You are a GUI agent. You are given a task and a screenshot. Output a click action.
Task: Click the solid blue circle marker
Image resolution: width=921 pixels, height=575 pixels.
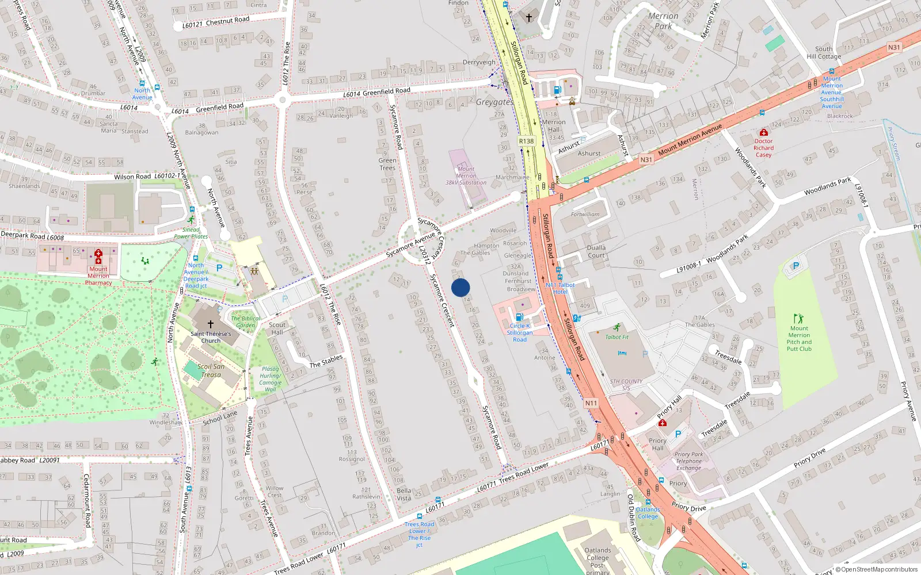[461, 287]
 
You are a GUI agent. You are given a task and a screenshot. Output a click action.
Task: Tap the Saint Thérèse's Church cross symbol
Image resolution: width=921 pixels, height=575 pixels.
[211, 324]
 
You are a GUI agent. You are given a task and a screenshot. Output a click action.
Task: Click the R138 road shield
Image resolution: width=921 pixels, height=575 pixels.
[526, 141]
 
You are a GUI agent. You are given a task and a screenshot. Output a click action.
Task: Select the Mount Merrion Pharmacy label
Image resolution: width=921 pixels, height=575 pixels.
[98, 275]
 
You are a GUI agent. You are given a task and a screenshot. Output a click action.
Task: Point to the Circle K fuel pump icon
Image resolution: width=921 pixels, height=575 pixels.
[519, 317]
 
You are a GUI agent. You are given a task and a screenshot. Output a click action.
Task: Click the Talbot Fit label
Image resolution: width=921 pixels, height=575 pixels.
[617, 337]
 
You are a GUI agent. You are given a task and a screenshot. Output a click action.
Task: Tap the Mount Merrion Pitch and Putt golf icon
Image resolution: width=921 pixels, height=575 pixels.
[798, 319]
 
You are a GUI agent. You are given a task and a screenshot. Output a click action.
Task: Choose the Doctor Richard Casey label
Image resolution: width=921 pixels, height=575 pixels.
[764, 148]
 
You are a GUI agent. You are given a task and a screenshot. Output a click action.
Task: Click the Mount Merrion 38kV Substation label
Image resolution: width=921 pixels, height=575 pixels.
[466, 176]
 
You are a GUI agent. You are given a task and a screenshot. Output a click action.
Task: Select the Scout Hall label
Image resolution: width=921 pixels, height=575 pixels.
[277, 328]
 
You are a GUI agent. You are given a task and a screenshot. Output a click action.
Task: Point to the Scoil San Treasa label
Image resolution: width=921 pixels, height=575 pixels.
[211, 370]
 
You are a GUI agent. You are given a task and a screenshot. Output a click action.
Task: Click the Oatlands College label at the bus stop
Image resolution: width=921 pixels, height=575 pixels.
[648, 513]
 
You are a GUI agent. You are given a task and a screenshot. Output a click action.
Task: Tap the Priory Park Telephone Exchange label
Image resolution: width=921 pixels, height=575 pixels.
[689, 461]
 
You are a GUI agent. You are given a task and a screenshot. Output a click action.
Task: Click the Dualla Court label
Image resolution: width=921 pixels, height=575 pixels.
[596, 251]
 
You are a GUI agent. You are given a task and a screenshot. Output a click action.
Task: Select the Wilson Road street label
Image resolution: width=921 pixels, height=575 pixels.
[132, 177]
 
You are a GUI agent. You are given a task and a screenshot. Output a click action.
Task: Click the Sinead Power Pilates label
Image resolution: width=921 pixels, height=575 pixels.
[191, 233]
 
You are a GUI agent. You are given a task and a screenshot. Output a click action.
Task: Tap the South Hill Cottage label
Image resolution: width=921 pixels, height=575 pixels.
[824, 52]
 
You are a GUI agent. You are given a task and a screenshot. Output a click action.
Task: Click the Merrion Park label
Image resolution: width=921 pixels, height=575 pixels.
[663, 21]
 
